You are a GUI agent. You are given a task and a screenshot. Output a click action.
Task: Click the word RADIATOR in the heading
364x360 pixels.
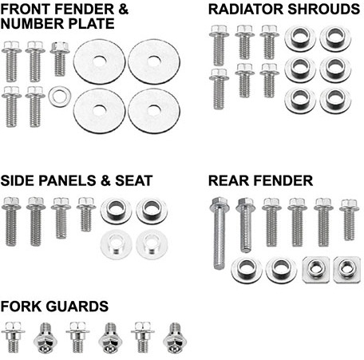[x=246, y=10]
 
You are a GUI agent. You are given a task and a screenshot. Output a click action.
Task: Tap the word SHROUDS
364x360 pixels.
[x=323, y=10]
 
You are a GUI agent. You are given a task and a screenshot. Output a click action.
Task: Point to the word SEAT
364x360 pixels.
[x=133, y=180]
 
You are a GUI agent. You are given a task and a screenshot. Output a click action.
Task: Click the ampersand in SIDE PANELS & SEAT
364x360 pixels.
[x=105, y=180]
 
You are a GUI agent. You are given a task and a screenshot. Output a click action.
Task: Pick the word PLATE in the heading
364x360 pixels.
[x=92, y=24]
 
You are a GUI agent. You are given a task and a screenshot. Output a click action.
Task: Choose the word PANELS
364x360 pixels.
[x=67, y=180]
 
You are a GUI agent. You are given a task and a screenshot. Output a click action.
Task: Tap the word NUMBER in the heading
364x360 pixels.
[x=33, y=24]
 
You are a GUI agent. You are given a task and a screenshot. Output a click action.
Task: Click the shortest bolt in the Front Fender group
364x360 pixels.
[x=60, y=59]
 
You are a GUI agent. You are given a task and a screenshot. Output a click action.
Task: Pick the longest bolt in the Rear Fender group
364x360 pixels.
[x=220, y=233]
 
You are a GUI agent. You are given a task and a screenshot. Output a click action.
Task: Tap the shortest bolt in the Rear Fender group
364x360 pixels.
[x=349, y=220]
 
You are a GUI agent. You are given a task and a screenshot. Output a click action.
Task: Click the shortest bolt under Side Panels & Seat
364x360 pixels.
[x=86, y=214]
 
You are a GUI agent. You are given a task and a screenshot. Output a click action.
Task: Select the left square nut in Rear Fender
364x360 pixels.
[x=316, y=270]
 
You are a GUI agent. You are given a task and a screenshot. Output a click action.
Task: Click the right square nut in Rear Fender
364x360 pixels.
[x=346, y=270]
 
